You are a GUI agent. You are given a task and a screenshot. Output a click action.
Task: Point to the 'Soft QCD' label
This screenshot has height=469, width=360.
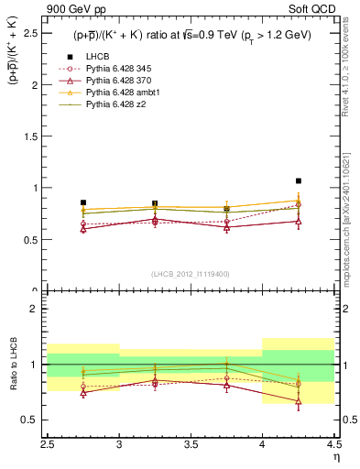pyautogui.click(x=315, y=10)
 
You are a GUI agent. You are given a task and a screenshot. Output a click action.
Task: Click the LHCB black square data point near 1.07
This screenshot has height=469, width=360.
pyautogui.click(x=299, y=181)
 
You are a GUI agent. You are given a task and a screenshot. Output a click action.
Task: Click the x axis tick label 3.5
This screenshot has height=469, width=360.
pyautogui.click(x=191, y=444)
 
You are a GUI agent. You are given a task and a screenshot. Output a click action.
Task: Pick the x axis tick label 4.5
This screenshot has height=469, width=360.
pyautogui.click(x=333, y=444)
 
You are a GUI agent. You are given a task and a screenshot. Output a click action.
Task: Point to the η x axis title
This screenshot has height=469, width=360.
pyautogui.click(x=336, y=456)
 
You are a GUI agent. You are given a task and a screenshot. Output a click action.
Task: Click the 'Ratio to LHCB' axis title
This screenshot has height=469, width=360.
pyautogui.click(x=14, y=365)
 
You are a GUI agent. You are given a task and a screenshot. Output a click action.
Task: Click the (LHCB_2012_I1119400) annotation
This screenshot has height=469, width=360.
pyautogui.click(x=191, y=274)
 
